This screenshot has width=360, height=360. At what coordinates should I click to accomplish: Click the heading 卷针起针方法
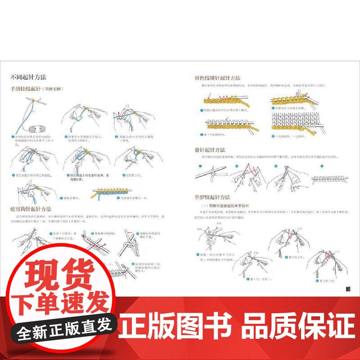210,149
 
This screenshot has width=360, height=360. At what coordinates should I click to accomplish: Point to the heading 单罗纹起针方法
212,197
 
